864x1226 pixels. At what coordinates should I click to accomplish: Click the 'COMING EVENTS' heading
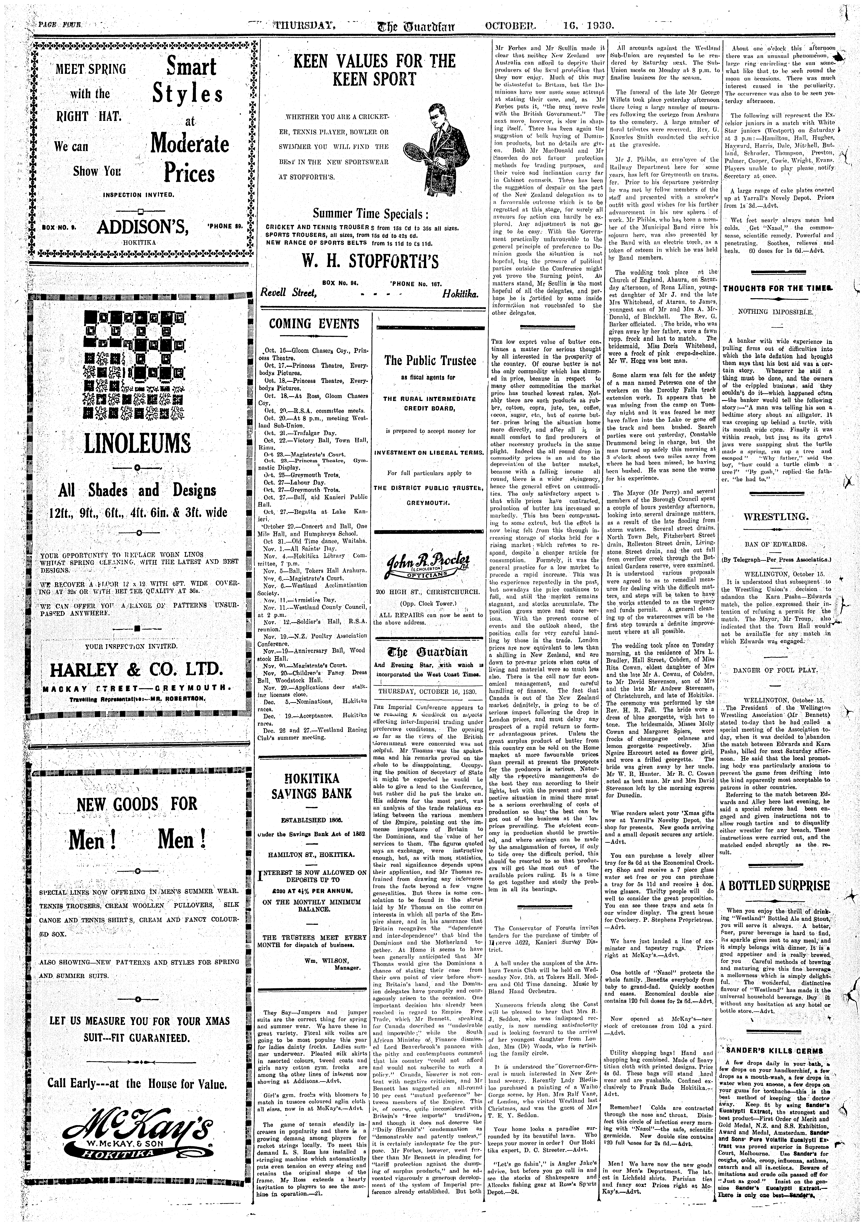click(314, 324)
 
